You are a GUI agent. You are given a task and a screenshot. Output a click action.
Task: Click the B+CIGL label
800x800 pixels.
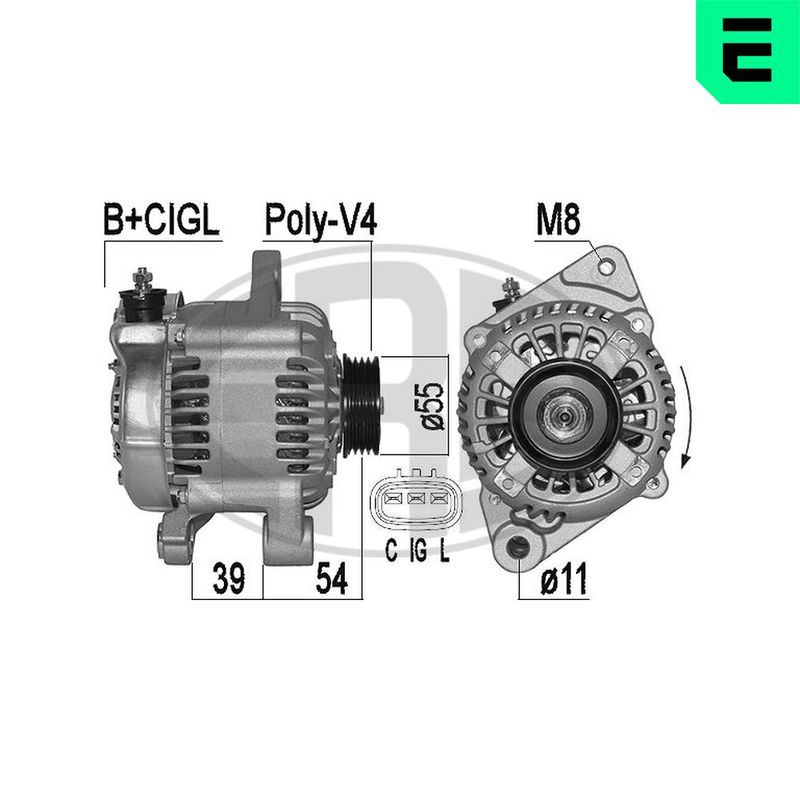click(160, 222)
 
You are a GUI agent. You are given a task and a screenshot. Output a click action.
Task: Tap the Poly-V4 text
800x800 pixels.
click(319, 222)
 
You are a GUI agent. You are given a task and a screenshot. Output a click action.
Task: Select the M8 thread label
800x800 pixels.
click(557, 222)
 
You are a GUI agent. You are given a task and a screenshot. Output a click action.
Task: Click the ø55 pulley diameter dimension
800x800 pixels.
click(431, 405)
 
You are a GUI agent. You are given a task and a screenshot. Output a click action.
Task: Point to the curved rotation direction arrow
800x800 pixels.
click(686, 415)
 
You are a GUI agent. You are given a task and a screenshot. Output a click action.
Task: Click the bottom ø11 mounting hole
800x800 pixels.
click(519, 549)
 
